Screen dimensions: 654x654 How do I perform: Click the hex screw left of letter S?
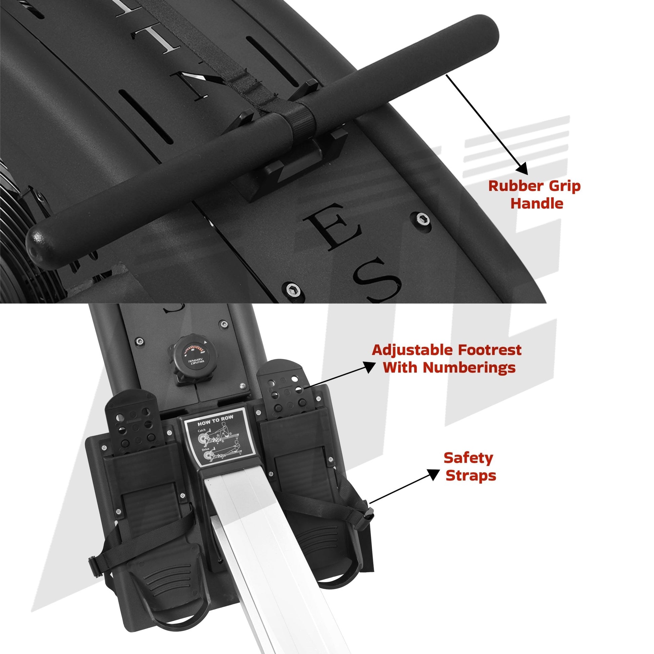[290, 289]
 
